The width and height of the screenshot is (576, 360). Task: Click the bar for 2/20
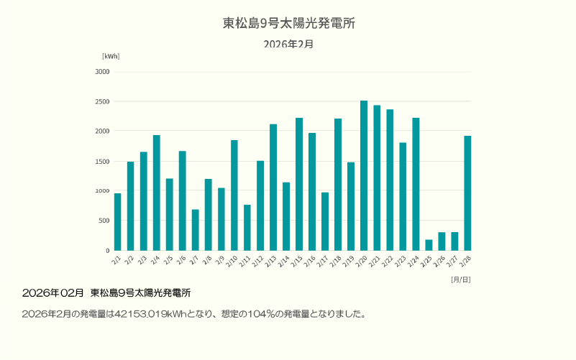click(x=364, y=175)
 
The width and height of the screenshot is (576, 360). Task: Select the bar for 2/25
click(x=429, y=245)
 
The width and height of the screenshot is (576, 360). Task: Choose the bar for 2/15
click(x=299, y=184)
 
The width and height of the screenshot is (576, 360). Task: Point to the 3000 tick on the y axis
click(x=102, y=72)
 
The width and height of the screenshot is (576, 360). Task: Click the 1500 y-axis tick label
click(x=102, y=161)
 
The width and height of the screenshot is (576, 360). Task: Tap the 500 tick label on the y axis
click(x=104, y=221)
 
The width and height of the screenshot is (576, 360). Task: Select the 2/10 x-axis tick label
click(x=233, y=260)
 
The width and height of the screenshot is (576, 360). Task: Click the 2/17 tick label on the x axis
click(x=324, y=260)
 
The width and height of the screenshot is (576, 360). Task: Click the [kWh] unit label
click(x=111, y=56)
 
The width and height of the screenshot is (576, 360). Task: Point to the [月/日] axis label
click(x=461, y=279)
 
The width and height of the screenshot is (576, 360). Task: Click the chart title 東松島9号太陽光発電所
click(x=288, y=23)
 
